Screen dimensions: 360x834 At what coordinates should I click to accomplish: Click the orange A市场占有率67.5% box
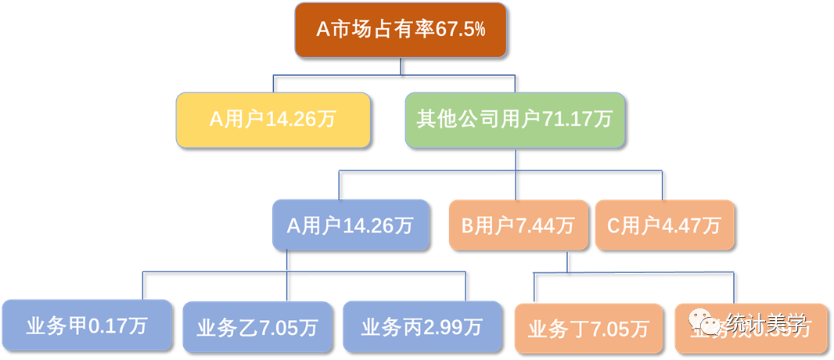pos(400,30)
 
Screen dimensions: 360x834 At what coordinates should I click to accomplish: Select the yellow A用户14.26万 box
pos(272,120)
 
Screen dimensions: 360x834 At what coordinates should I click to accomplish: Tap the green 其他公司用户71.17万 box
pos(515,120)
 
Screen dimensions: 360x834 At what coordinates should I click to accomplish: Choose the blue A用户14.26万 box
pos(350,225)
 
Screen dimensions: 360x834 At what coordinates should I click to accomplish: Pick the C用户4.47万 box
pos(664,225)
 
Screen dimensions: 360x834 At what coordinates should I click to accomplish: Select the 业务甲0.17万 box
pos(86,324)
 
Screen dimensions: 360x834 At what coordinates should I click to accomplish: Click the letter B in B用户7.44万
pos(466,226)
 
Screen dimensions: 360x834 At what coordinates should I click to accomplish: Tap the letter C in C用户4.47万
pos(613,226)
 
